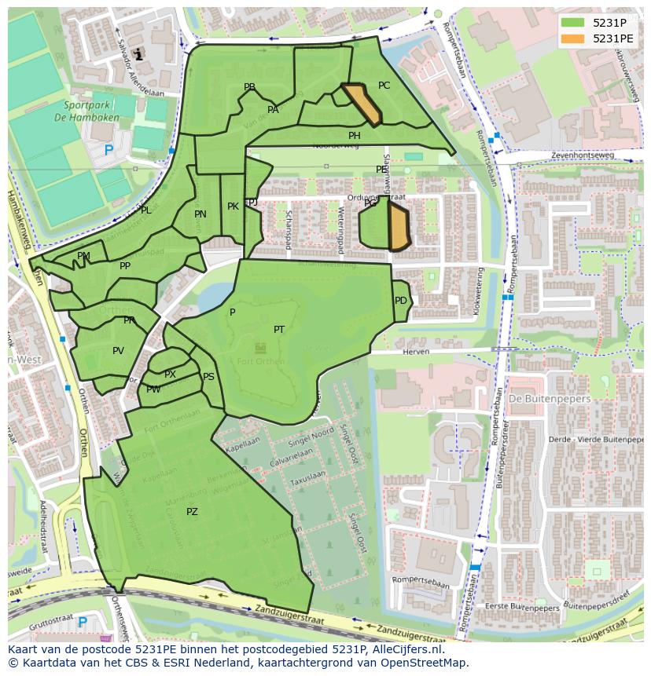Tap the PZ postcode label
coord(192,512)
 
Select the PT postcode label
coord(279,330)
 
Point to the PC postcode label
coord(384,86)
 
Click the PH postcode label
coord(355,136)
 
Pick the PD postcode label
coord(401,301)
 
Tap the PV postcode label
coord(118,351)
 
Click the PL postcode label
coord(145,210)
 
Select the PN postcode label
coord(200,214)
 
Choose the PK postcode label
coord(233,206)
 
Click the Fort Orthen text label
coord(259,362)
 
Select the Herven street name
coord(417,353)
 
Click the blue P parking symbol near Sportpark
coord(108,150)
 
